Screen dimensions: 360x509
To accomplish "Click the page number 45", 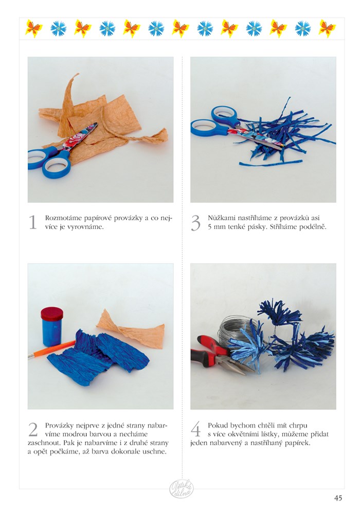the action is coord(338,498).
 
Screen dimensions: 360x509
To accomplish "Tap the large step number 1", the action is coord(33,222).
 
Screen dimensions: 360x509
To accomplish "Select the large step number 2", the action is coord(33,429).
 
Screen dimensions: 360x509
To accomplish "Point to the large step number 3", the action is coord(195,223).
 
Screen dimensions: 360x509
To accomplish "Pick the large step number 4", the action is coord(195,430).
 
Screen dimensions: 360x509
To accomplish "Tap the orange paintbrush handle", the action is coord(53,348).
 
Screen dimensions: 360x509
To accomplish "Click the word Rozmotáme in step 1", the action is coord(62,218).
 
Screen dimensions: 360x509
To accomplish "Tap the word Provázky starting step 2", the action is coord(59,425).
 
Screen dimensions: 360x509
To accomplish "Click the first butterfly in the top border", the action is coord(34,29).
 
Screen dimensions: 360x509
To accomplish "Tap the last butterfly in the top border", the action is coord(327,29).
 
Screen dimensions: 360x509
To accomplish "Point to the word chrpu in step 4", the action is coord(298,426).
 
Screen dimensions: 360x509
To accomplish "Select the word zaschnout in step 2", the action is coord(44,443).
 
